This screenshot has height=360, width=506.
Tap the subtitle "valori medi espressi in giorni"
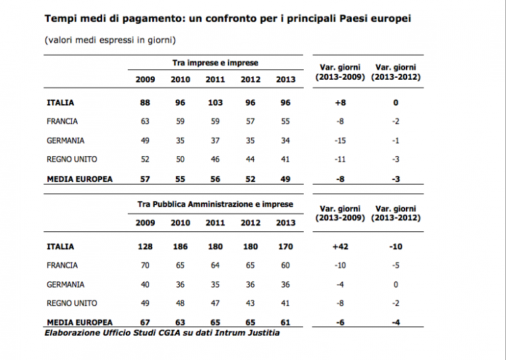point(109,40)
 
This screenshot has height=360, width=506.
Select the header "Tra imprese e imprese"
point(215,63)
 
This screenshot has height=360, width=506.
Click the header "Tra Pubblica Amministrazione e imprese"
point(215,204)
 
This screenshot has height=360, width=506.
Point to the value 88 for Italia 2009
point(146,103)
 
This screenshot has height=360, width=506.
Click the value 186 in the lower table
point(180,247)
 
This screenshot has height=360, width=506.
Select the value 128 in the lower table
point(146,247)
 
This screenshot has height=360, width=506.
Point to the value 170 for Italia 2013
point(285,247)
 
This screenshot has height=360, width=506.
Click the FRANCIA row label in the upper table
point(63,121)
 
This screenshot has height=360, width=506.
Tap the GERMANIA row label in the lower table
point(66,284)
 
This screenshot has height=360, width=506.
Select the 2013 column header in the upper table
point(285,80)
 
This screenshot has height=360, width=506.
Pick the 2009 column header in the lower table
point(146,223)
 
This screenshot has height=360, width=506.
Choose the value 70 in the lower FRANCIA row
point(146,265)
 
